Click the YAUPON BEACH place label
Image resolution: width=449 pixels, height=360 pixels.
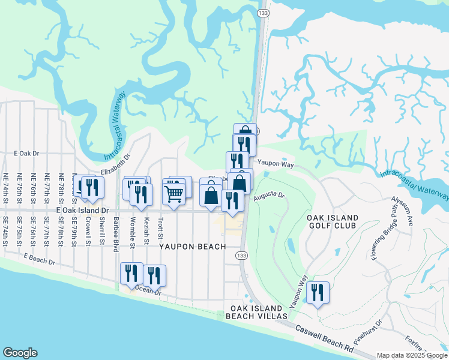pyautogui.click(x=192, y=247)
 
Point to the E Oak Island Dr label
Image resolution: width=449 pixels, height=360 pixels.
pyautogui.click(x=82, y=211)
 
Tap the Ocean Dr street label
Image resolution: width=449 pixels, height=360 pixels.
pyautogui.click(x=150, y=290)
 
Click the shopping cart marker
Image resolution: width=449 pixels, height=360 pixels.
pyautogui.click(x=173, y=193)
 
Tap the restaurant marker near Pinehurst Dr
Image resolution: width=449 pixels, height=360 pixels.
pyautogui.click(x=318, y=293)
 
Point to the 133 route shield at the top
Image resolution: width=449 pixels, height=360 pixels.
pyautogui.click(x=262, y=12)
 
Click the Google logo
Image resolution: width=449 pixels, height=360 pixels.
pyautogui.click(x=20, y=353)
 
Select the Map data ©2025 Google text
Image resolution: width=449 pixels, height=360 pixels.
pyautogui.click(x=412, y=355)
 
